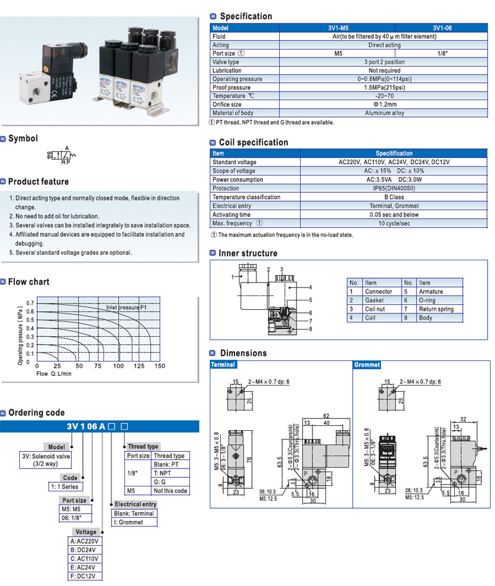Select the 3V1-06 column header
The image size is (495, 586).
pos(442,28)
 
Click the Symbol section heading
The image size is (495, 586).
pos(23,139)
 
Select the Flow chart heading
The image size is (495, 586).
pos(28,282)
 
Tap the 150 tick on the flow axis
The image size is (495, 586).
pos(160,367)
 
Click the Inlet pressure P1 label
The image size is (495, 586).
pos(127,307)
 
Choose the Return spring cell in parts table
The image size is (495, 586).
pos(436,309)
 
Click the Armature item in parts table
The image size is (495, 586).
pos(431,292)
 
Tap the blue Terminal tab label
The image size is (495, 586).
pos(223,365)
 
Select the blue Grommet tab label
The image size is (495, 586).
pos(367,365)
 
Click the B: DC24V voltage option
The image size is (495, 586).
pos(85,550)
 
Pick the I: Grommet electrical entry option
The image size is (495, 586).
pos(128,522)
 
